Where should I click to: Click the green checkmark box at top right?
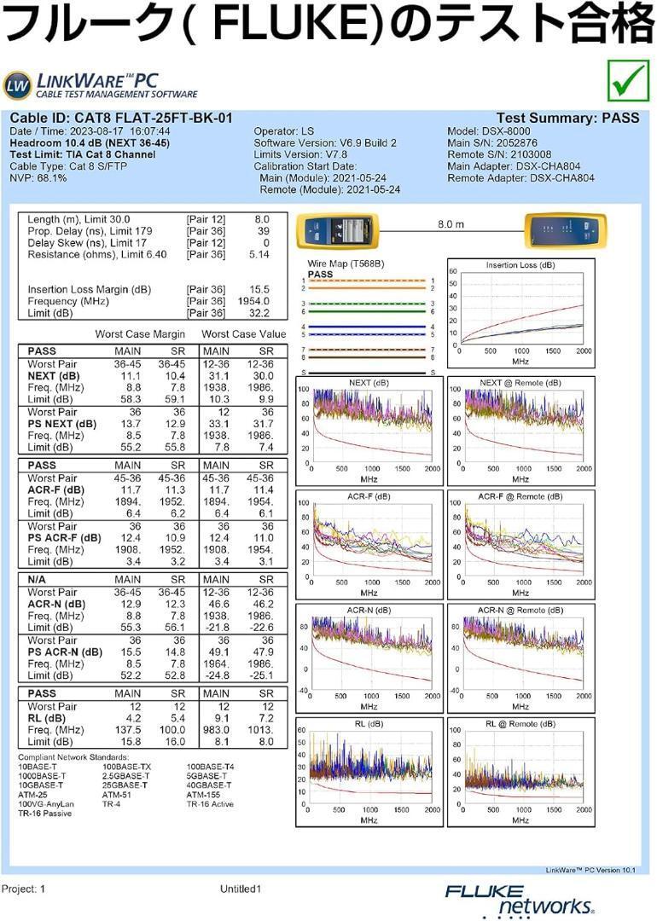(627, 82)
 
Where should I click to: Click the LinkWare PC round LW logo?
(17, 85)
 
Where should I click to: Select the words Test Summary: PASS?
(567, 119)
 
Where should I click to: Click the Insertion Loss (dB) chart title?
(520, 265)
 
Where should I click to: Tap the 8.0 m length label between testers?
(451, 223)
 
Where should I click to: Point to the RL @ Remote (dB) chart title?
(520, 724)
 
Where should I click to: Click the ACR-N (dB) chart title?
(369, 611)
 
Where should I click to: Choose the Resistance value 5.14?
(258, 255)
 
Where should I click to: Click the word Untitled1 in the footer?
(240, 889)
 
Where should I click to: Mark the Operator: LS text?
(284, 131)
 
